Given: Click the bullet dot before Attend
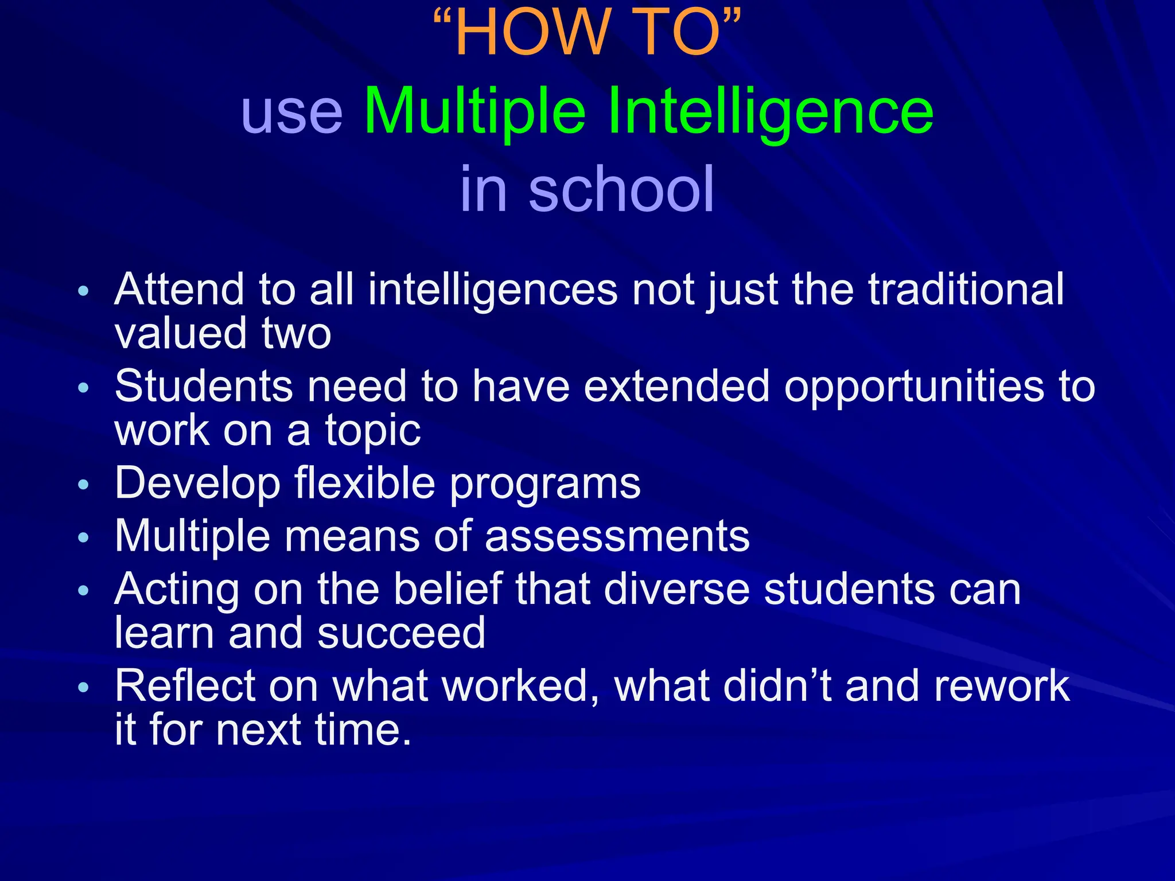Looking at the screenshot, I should (x=84, y=291).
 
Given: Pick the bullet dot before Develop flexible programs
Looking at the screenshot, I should (x=84, y=485).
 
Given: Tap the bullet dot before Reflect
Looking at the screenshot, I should (x=84, y=687).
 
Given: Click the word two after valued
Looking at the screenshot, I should (x=297, y=333).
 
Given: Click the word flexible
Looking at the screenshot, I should (x=365, y=483).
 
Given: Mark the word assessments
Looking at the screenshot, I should (x=617, y=536).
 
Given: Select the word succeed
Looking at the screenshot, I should (x=401, y=633).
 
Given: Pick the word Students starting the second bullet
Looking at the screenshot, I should (x=204, y=386).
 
